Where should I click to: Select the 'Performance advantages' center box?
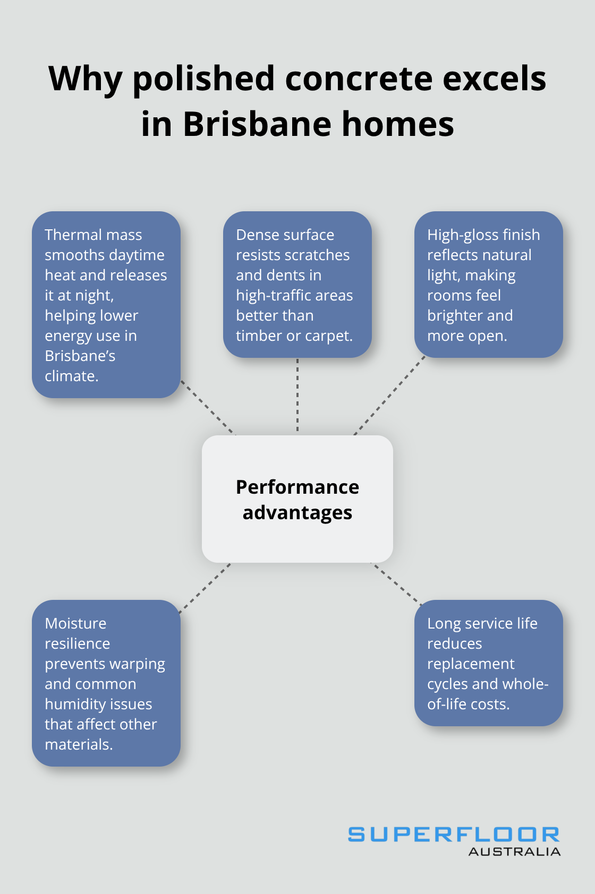[297, 499]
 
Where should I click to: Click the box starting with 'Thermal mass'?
[106, 305]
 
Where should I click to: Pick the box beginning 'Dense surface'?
[297, 285]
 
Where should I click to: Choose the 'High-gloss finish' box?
[488, 285]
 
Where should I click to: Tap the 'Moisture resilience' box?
[106, 683]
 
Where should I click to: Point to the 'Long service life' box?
[488, 663]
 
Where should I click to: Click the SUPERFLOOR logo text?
[454, 835]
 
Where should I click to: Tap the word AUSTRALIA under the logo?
[514, 852]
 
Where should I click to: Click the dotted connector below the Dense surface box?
[297, 396]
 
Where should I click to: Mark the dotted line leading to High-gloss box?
[389, 396]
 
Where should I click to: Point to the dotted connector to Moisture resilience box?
[205, 588]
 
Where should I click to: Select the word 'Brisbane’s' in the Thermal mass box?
[80, 356]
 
